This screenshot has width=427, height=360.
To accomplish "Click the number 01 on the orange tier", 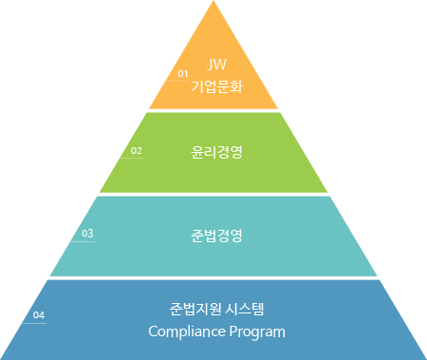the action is [x=184, y=73].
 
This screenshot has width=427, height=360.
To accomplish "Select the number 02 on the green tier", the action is [x=137, y=150].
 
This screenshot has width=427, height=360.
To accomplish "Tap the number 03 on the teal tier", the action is [x=87, y=233].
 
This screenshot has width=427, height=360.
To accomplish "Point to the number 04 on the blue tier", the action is [x=39, y=314].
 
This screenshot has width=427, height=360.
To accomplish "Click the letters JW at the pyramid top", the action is [x=216, y=66].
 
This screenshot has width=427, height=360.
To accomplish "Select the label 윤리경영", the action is [x=217, y=150].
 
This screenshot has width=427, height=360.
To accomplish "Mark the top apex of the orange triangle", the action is [x=213, y=3].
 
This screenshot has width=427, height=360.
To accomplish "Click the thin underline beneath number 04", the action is [x=34, y=323].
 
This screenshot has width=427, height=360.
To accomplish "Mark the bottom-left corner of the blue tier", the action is [x=3, y=357].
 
